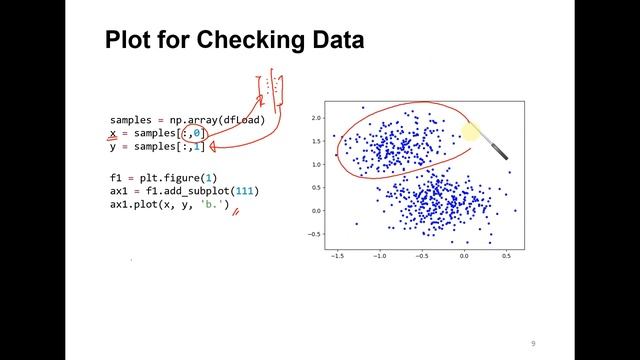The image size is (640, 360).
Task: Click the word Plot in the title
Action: [131, 42]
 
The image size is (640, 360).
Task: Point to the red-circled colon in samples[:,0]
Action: [182, 134]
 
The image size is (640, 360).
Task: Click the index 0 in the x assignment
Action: [198, 134]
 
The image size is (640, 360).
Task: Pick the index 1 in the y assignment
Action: [198, 148]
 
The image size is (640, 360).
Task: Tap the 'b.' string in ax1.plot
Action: [214, 205]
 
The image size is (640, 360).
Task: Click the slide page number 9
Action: [534, 339]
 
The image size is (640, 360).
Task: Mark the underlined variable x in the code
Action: [114, 134]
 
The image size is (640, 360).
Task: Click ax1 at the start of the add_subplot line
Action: [120, 191]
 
